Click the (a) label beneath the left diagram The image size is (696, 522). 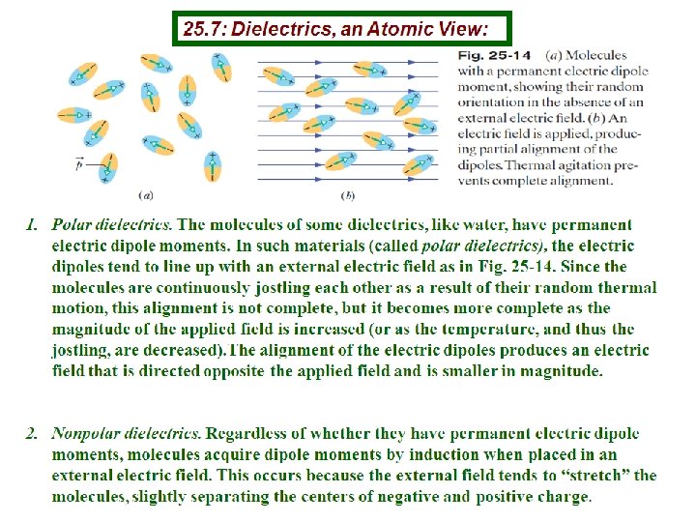(x=148, y=193)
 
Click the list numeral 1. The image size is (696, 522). (x=31, y=226)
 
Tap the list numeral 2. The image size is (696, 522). (x=31, y=433)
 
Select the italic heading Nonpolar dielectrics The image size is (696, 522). (x=127, y=433)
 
